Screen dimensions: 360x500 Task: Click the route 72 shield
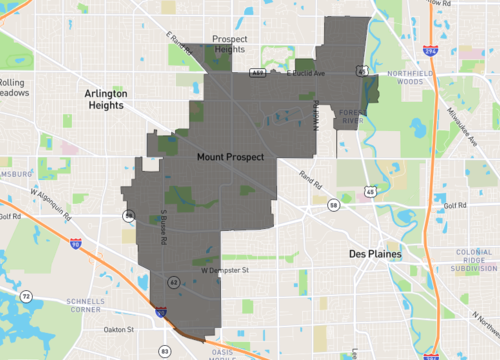[x=28, y=297]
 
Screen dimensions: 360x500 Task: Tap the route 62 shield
[x=175, y=283]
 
